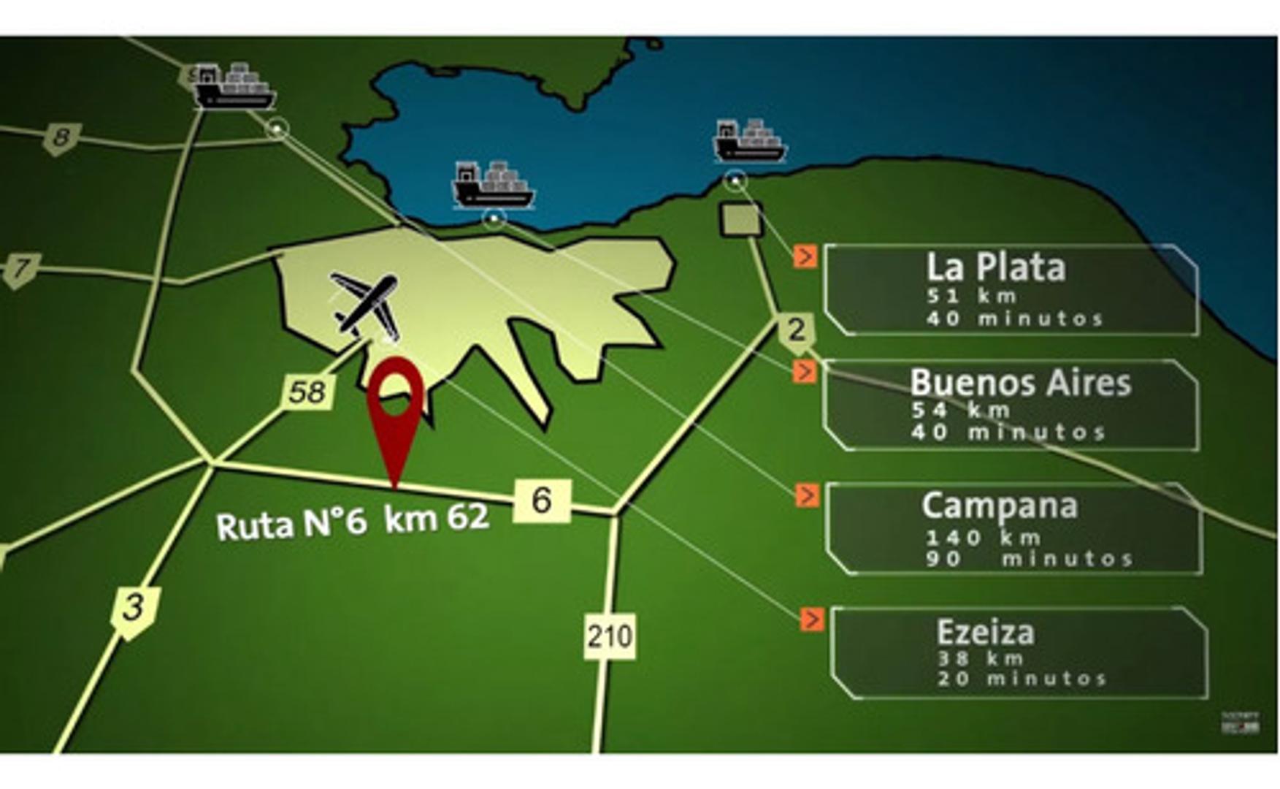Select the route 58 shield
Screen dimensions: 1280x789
pyautogui.click(x=308, y=392)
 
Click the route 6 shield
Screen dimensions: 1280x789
pyautogui.click(x=542, y=500)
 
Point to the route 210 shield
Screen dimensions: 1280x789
pyautogui.click(x=609, y=636)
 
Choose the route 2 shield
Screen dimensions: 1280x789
pyautogui.click(x=797, y=330)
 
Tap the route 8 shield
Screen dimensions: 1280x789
pyautogui.click(x=61, y=138)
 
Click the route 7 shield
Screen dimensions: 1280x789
pyautogui.click(x=22, y=269)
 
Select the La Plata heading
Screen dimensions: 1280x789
pyautogui.click(x=995, y=267)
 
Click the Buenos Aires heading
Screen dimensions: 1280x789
pyautogui.click(x=1020, y=383)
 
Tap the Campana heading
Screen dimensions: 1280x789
pyautogui.click(x=999, y=506)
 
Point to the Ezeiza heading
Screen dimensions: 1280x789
pyautogui.click(x=985, y=633)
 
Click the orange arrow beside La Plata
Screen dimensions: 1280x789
pyautogui.click(x=805, y=256)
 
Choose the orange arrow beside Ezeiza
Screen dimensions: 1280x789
pyautogui.click(x=811, y=620)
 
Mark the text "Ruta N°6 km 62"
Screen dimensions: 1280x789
pyautogui.click(x=352, y=522)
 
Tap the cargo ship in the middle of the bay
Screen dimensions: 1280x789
pyautogui.click(x=494, y=186)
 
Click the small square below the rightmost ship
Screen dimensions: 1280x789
pyautogui.click(x=741, y=219)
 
